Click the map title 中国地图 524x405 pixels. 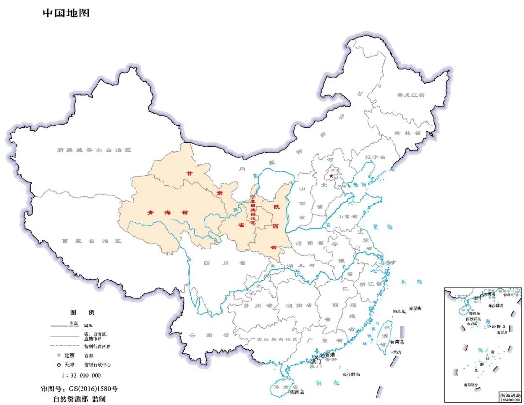pos(66,13)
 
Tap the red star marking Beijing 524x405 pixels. pos(332,176)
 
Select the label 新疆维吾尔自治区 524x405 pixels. pos(94,150)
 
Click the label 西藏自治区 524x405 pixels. pos(92,241)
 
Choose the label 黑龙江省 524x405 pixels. pos(410,95)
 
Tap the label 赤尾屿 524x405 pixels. pos(415,308)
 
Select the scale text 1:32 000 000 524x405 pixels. pos(81,375)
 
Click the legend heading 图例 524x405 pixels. pos(82,312)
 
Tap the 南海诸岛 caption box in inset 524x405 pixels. pos(510,396)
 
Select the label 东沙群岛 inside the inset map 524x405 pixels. pos(496,306)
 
